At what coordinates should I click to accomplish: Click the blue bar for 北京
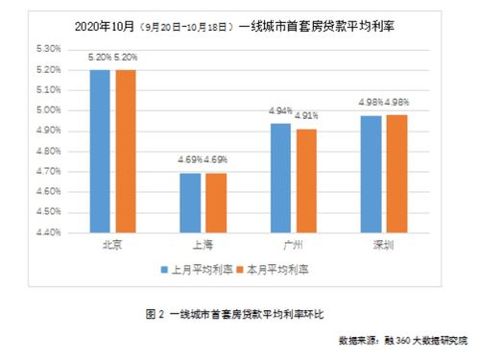point(100,151)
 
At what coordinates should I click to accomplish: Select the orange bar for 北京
point(126,151)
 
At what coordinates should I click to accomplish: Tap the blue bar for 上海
point(190,203)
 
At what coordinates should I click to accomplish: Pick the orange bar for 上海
point(216,203)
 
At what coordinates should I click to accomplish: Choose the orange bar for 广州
point(306,180)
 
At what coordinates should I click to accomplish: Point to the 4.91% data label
point(307,117)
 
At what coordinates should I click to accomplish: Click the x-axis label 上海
point(203,245)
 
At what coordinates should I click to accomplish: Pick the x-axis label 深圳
point(383,245)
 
